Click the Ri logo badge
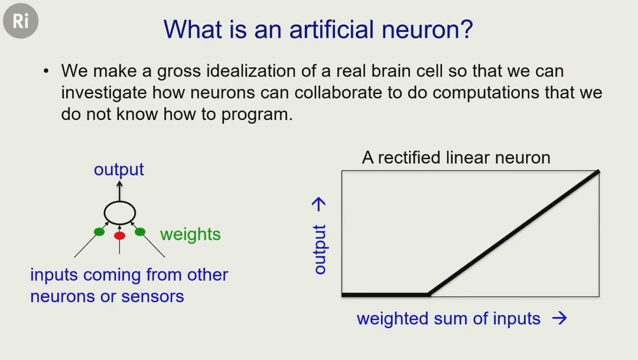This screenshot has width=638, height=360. coord(21,21)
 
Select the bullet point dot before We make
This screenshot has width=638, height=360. coord(46,72)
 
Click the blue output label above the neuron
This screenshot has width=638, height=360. coord(119,170)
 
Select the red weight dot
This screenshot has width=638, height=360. coord(119,235)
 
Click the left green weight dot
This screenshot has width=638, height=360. coord(99,232)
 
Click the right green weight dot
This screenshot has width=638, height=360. coord(140,232)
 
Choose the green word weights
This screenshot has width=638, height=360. coord(190,235)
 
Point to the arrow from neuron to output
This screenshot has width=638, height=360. coord(119,191)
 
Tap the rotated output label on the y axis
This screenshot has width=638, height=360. coord(320,249)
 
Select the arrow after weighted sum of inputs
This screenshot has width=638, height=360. coord(559,318)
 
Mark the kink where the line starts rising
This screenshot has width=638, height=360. coord(429,294)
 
